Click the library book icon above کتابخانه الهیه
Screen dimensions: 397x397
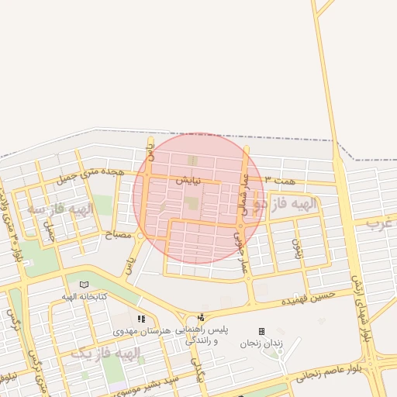click(84, 285)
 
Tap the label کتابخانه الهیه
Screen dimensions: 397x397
click(85, 296)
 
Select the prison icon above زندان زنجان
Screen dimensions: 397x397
click(261, 331)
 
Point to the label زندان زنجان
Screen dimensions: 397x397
click(261, 342)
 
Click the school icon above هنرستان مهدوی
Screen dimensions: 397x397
click(140, 319)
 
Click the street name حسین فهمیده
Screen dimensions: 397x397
click(308, 296)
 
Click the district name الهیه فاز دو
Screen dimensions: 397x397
click(287, 205)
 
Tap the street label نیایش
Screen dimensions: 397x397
click(187, 179)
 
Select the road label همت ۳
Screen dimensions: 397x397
click(279, 179)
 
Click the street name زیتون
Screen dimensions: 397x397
click(295, 248)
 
